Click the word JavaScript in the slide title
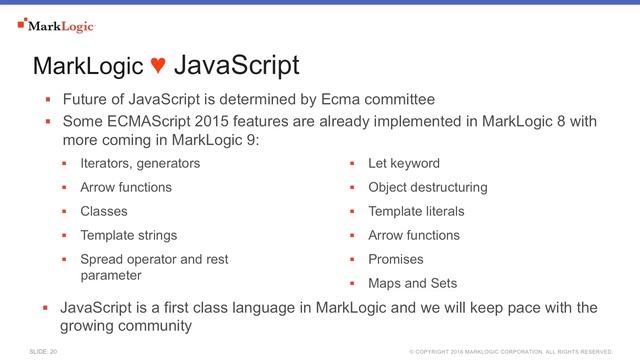click(x=236, y=67)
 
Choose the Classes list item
click(x=104, y=211)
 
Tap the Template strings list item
click(x=128, y=236)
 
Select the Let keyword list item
click(x=404, y=163)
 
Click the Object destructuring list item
click(x=427, y=187)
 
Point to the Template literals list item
click(x=416, y=211)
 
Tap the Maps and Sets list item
click(x=412, y=283)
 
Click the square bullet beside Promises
click(x=352, y=260)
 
